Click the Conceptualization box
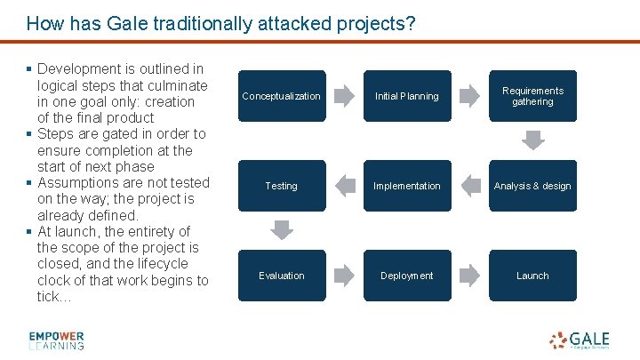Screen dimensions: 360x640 pyautogui.click(x=281, y=96)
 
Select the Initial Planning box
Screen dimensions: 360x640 pyautogui.click(x=407, y=96)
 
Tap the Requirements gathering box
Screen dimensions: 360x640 pyautogui.click(x=532, y=96)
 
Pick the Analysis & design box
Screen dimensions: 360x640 pyautogui.click(x=532, y=186)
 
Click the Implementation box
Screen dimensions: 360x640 pyautogui.click(x=407, y=186)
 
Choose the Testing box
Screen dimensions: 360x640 pyautogui.click(x=281, y=186)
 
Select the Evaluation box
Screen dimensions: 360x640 pyautogui.click(x=281, y=276)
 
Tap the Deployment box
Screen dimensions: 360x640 pyautogui.click(x=407, y=276)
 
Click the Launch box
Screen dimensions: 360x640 pyautogui.click(x=532, y=276)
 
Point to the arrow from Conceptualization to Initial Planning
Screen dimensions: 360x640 pyautogui.click(x=344, y=96)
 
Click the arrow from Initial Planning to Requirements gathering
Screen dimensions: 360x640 pyautogui.click(x=469, y=96)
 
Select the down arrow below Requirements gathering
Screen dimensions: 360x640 pyautogui.click(x=532, y=141)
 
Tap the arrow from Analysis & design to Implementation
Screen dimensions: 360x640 pyautogui.click(x=469, y=186)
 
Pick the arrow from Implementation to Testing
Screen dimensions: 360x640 pyautogui.click(x=344, y=186)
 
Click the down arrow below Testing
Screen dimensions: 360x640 pyautogui.click(x=281, y=231)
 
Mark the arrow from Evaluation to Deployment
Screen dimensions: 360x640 pyautogui.click(x=344, y=276)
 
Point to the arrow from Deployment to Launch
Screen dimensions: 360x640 pyautogui.click(x=469, y=276)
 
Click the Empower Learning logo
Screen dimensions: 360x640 pyautogui.click(x=56, y=340)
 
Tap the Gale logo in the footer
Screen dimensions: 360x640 pyautogui.click(x=580, y=340)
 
